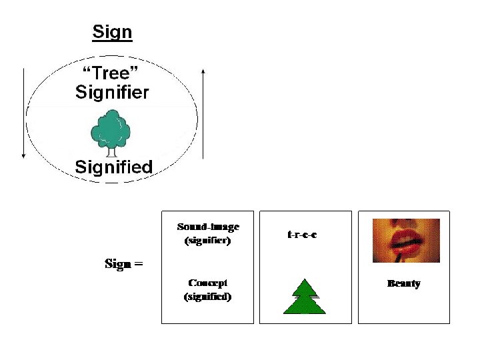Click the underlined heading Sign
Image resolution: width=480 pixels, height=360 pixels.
click(x=112, y=31)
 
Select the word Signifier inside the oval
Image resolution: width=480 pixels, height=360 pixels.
click(x=112, y=92)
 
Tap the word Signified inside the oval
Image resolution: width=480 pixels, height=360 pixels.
click(x=113, y=167)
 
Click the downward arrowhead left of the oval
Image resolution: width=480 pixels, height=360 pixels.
click(x=24, y=155)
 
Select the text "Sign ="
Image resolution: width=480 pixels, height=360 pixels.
click(x=124, y=264)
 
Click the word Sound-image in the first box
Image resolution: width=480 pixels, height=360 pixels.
click(x=207, y=228)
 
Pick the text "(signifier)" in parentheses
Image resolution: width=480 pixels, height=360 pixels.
click(x=207, y=241)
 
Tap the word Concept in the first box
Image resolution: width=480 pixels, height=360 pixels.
click(x=207, y=283)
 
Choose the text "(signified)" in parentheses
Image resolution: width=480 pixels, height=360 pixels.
click(x=207, y=297)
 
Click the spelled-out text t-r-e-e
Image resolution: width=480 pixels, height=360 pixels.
click(x=301, y=235)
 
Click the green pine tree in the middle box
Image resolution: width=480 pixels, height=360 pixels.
click(x=305, y=297)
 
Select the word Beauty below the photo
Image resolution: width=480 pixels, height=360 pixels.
click(x=404, y=284)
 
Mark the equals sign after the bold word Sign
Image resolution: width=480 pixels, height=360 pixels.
click(x=139, y=264)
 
